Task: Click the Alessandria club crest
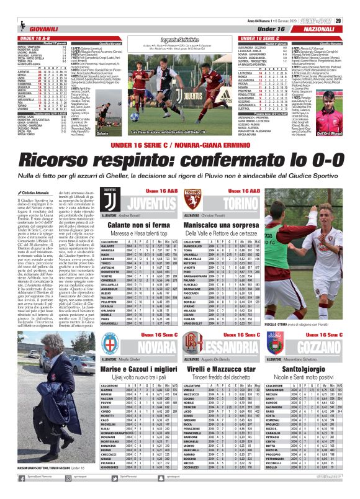click(x=192, y=346)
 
